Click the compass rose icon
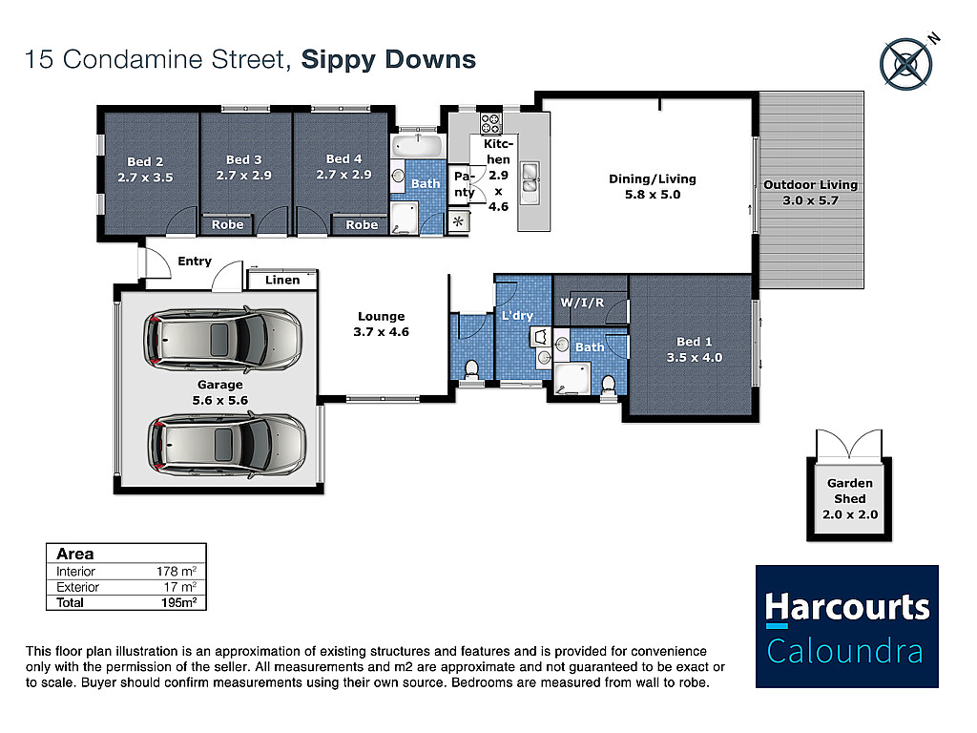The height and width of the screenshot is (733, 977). [x=905, y=64]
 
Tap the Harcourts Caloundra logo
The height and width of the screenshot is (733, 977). [x=847, y=626]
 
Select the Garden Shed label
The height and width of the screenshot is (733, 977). [x=850, y=492]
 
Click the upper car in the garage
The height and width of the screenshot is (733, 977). [x=222, y=340]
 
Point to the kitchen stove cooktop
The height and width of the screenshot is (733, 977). [x=490, y=123]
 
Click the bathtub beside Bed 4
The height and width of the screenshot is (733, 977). [x=418, y=145]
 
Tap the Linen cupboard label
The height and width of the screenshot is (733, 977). [x=282, y=280]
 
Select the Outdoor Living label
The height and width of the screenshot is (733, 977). [x=811, y=184]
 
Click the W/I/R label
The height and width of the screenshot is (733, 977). [x=582, y=303]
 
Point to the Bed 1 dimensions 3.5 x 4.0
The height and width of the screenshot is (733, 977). [x=695, y=357]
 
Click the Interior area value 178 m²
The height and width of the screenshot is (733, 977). [x=177, y=571]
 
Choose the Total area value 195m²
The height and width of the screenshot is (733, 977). [x=178, y=603]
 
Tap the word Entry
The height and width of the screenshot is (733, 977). [x=195, y=262]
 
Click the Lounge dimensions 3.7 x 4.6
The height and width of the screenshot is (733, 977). [x=382, y=331]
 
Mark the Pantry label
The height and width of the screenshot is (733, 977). [x=465, y=184]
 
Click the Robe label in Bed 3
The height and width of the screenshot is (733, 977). [x=227, y=224]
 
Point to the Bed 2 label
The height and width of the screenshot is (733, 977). [x=145, y=161]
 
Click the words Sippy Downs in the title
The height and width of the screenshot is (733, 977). [x=389, y=60]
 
